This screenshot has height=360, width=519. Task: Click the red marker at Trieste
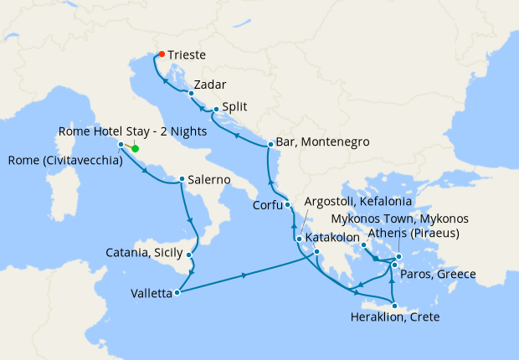[x=161, y=55]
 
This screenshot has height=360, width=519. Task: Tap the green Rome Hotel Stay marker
[x=135, y=150]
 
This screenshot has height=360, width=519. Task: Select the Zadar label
[x=208, y=85]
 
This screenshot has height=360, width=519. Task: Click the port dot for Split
[x=215, y=109]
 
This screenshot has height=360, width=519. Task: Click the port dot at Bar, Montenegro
[x=270, y=145]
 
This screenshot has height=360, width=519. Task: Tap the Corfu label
[x=267, y=205]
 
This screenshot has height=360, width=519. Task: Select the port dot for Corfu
[x=287, y=204]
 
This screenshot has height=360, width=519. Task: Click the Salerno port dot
[x=182, y=179]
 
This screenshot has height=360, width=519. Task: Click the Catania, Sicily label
[x=144, y=252]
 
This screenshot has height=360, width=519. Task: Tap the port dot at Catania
[x=190, y=255]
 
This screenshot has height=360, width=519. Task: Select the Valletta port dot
[x=177, y=293]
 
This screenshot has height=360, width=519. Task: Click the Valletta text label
[x=152, y=293]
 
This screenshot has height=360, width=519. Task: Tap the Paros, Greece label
[x=437, y=275]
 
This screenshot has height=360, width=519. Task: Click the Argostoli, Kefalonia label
[x=370, y=203]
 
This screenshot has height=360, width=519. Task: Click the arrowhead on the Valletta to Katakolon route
[x=244, y=275]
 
